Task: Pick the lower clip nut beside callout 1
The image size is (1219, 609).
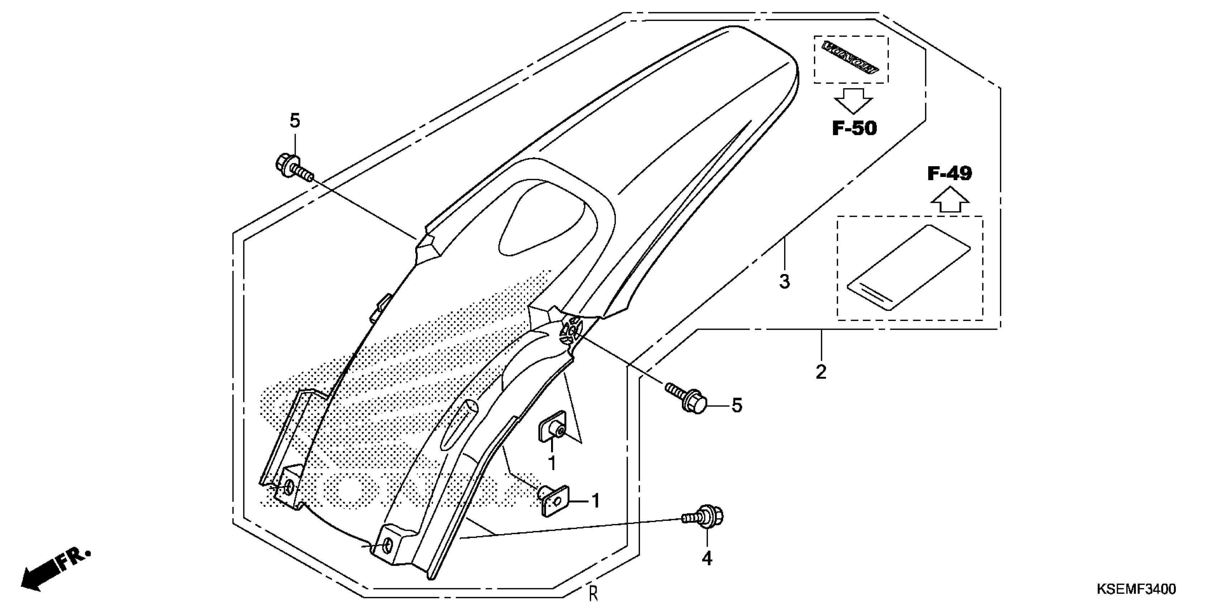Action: tap(554, 502)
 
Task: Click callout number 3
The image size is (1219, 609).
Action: tap(784, 282)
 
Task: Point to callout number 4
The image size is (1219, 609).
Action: tap(707, 559)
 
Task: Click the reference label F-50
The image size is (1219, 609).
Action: tap(854, 128)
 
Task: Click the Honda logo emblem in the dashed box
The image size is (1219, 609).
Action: tap(850, 59)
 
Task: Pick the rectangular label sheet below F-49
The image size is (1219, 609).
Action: tap(908, 267)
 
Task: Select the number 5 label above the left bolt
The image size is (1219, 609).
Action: tap(295, 121)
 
